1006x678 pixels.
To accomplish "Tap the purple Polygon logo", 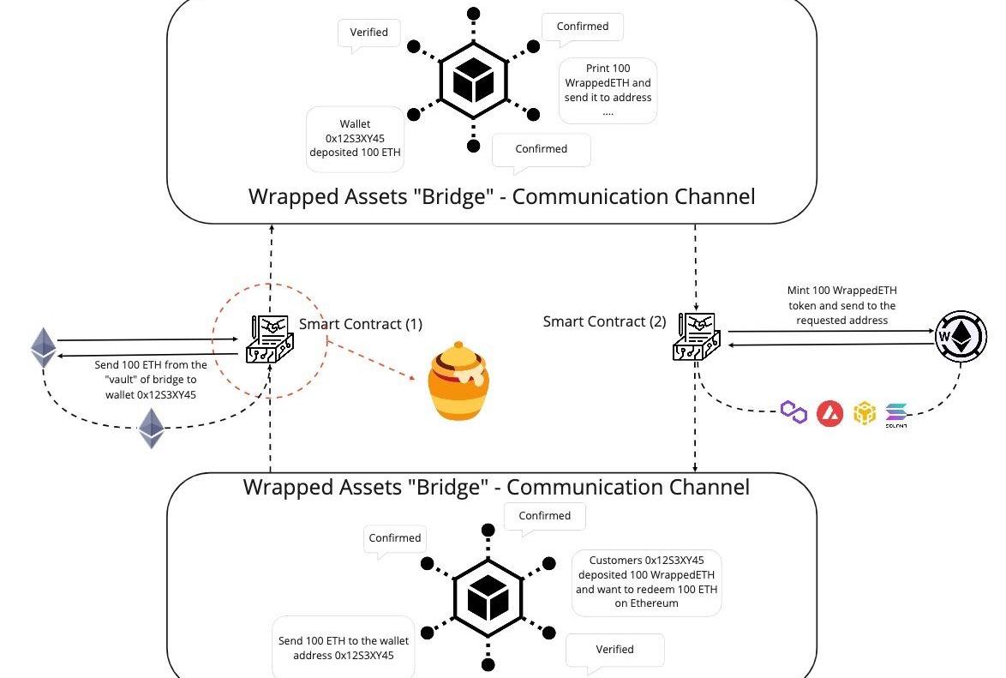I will coord(794,413).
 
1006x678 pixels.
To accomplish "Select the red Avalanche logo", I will coord(829,414).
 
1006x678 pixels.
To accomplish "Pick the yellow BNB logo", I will coord(865,414).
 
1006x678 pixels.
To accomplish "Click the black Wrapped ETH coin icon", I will coord(961,336).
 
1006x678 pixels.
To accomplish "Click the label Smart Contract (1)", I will coord(360,324).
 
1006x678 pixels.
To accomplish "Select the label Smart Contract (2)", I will coord(604,321).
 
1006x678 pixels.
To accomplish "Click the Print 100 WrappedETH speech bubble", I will coord(608,90).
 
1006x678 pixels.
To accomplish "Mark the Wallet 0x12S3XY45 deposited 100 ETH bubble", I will coord(355,139).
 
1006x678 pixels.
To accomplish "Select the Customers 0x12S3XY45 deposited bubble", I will coord(646,581).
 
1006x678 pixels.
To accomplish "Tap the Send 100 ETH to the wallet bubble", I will coord(343,648).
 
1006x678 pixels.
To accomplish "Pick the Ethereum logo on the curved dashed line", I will coord(152,428).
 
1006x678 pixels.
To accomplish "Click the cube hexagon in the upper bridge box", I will coord(473,81).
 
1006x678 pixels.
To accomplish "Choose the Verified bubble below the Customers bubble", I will coord(614,650).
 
